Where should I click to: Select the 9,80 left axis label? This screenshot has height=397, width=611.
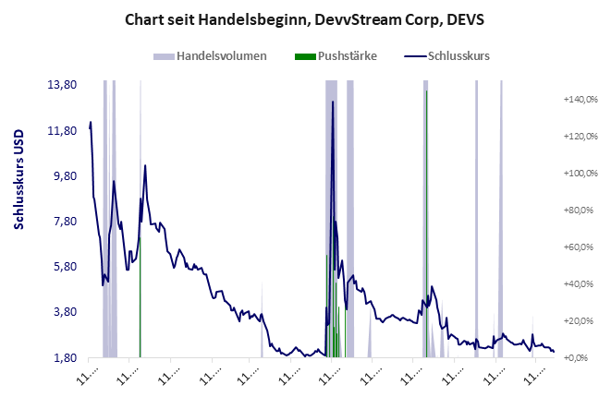tap(63, 175)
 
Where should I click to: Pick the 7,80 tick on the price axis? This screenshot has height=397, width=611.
tap(63, 222)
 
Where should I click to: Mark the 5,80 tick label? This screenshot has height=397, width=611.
tap(63, 267)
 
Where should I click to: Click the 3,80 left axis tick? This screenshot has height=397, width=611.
tap(63, 312)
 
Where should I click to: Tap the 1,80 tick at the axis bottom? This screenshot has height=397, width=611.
tap(63, 357)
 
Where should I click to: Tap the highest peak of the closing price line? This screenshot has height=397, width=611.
tap(333, 101)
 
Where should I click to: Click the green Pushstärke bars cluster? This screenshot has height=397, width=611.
tap(335, 305)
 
